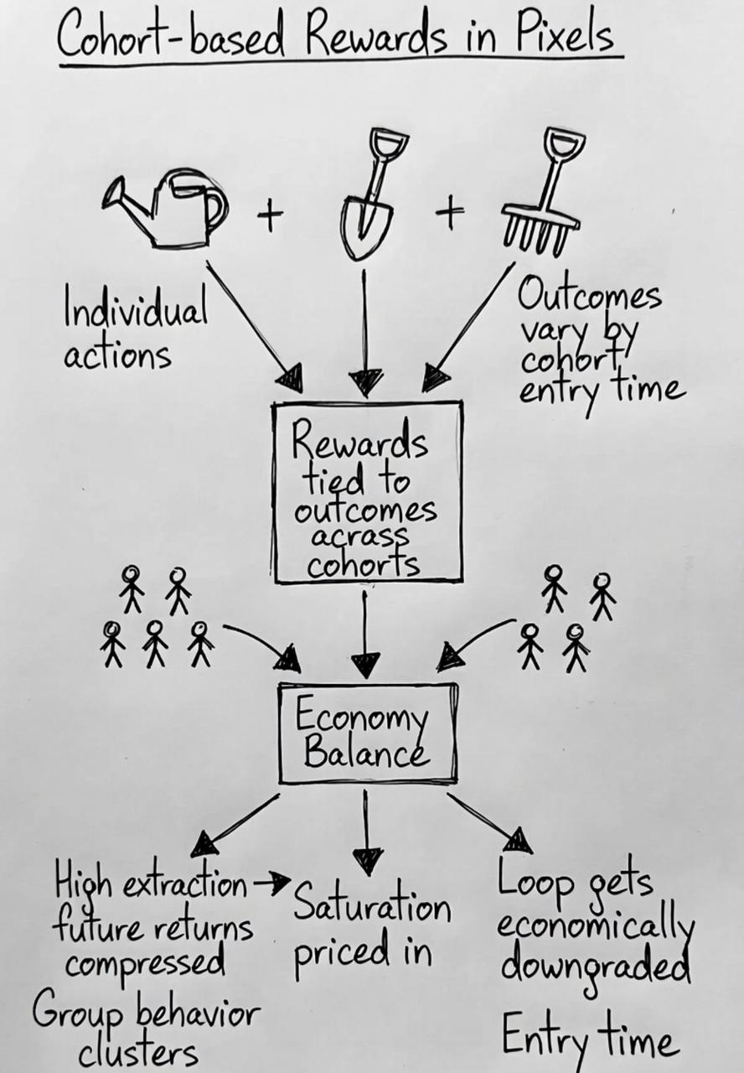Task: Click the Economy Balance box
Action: click(x=367, y=733)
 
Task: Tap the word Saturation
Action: click(x=372, y=908)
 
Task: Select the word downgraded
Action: click(x=595, y=967)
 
